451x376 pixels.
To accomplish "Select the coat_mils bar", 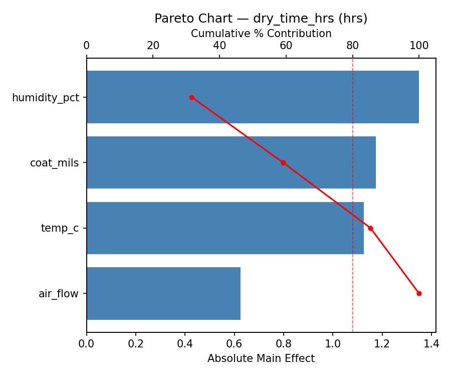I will (x=231, y=162).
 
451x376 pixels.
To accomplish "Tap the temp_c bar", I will (x=225, y=228).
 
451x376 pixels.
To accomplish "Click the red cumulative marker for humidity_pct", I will (x=191, y=97).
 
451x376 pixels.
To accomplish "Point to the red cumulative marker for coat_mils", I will (x=283, y=162).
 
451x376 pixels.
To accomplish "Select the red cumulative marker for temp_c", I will (x=370, y=228).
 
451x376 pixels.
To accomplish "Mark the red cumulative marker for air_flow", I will (x=419, y=293).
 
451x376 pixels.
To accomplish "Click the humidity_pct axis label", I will (x=46, y=98).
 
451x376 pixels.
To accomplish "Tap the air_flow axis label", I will (x=59, y=294).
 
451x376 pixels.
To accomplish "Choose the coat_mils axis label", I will (x=55, y=163).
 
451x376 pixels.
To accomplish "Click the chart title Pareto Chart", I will (x=261, y=19).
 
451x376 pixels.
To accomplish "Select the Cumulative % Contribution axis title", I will (x=261, y=34).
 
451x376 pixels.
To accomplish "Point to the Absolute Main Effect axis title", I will (x=261, y=358).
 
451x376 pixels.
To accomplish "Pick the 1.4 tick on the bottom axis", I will (x=431, y=344).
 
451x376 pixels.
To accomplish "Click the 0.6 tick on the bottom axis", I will (x=235, y=344).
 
